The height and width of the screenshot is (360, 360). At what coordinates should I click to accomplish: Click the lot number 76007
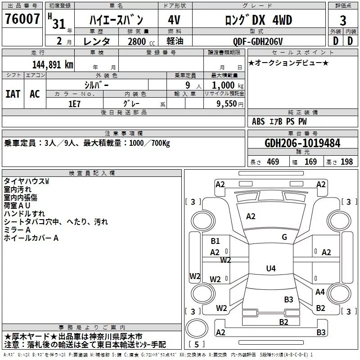pyautogui.click(x=22, y=19)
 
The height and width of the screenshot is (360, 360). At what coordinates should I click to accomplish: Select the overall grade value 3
pyautogui.click(x=343, y=20)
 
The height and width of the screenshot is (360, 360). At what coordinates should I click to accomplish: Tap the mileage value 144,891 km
pyautogui.click(x=53, y=65)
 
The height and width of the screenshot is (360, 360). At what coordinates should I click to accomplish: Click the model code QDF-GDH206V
pyautogui.click(x=257, y=41)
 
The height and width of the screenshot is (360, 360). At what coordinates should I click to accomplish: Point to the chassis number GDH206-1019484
pyautogui.click(x=302, y=143)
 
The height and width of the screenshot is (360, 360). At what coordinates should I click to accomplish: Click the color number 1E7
pyautogui.click(x=74, y=104)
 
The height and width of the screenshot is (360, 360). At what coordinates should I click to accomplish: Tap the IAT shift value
pyautogui.click(x=13, y=94)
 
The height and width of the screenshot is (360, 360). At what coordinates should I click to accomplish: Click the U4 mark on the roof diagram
pyautogui.click(x=271, y=268)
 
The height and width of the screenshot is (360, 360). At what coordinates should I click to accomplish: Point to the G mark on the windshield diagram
pyautogui.click(x=284, y=237)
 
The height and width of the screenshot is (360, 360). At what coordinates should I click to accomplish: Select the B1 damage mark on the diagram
pyautogui.click(x=215, y=241)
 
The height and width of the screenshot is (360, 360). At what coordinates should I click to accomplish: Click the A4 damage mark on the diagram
pyautogui.click(x=320, y=292)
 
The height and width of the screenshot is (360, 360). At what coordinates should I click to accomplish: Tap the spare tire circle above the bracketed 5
pyautogui.click(x=197, y=328)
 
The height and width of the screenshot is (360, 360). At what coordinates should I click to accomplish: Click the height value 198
pyautogui.click(x=346, y=162)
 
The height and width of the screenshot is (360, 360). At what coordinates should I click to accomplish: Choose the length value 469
pyautogui.click(x=273, y=162)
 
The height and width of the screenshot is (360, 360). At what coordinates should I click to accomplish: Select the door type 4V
pyautogui.click(x=174, y=20)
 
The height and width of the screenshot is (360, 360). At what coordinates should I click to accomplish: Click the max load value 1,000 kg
pyautogui.click(x=228, y=85)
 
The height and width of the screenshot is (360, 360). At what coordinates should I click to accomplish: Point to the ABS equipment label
pyautogui.click(x=258, y=121)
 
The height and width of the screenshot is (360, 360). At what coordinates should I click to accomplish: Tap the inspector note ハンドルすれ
pyautogui.click(x=24, y=213)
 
